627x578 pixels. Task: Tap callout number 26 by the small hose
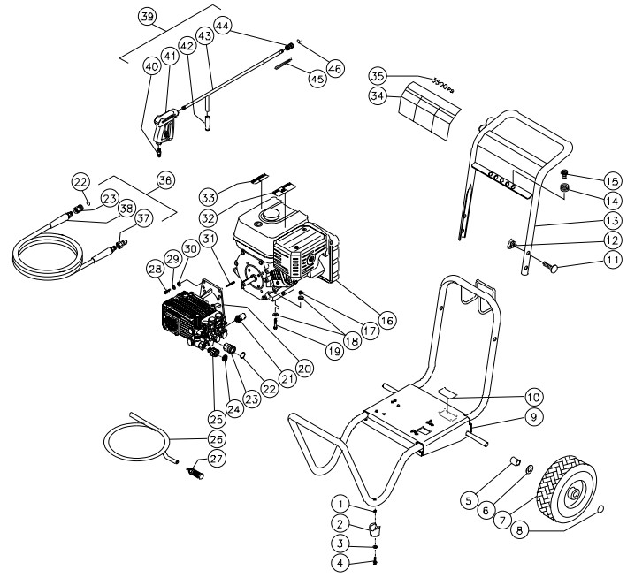217,437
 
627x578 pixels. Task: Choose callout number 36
164,179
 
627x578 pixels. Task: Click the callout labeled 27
217,459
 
